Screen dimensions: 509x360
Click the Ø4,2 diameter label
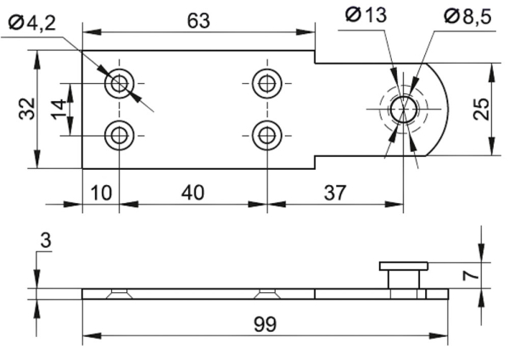[32, 23]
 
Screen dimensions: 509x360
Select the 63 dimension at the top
[199, 20]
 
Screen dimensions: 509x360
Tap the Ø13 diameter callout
[366, 14]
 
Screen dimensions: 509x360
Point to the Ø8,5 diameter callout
[467, 16]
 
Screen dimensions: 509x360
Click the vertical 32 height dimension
[27, 109]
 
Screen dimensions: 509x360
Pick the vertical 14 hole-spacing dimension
[59, 110]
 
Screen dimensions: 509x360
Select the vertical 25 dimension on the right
[481, 110]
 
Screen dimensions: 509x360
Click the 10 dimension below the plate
[101, 193]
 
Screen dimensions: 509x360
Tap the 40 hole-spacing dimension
[193, 192]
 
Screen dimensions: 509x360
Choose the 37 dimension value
[335, 192]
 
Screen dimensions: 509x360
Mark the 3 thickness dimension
[46, 241]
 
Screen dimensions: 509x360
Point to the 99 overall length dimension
[265, 324]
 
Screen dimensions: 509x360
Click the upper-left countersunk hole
[119, 83]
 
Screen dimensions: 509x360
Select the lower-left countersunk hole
[119, 136]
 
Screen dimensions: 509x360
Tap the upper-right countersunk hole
[267, 83]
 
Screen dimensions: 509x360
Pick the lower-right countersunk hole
[267, 136]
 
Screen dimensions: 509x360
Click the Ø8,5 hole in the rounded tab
[404, 110]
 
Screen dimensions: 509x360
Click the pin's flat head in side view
[404, 266]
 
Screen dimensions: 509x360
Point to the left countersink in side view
[119, 294]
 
